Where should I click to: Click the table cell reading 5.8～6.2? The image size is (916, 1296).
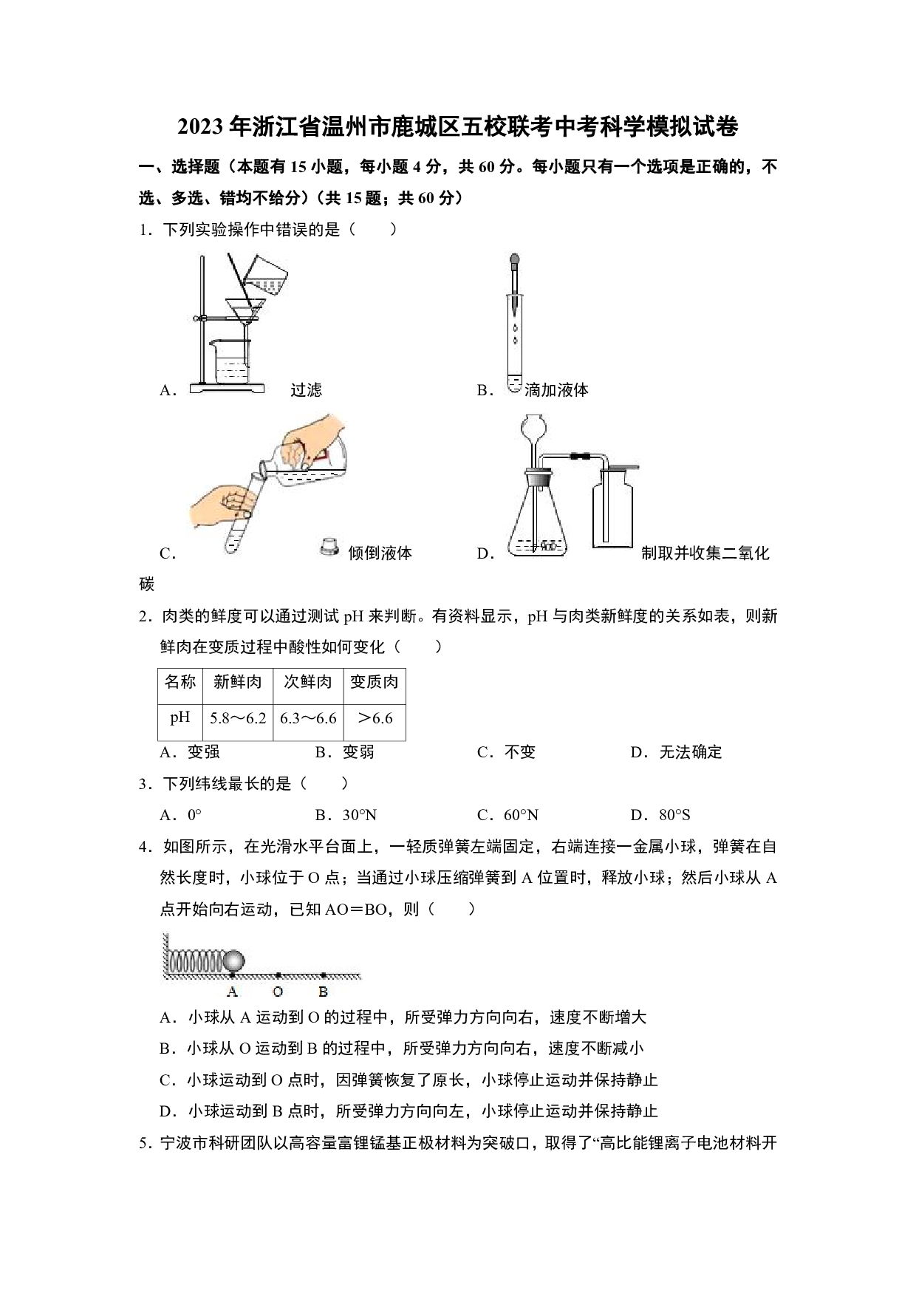click(238, 718)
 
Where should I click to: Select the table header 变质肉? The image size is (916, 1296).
click(374, 681)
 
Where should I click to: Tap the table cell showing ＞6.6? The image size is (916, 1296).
click(375, 718)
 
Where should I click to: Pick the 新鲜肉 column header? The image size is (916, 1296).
click(238, 681)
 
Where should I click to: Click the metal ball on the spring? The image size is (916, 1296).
click(234, 961)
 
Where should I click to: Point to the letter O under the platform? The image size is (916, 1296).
click(278, 992)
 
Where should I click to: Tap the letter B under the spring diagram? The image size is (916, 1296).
click(323, 992)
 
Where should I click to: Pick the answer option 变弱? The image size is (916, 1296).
click(345, 752)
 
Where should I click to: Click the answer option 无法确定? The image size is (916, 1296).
click(677, 752)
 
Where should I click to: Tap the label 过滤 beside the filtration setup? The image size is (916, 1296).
click(306, 390)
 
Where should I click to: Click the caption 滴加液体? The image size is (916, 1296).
click(556, 390)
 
